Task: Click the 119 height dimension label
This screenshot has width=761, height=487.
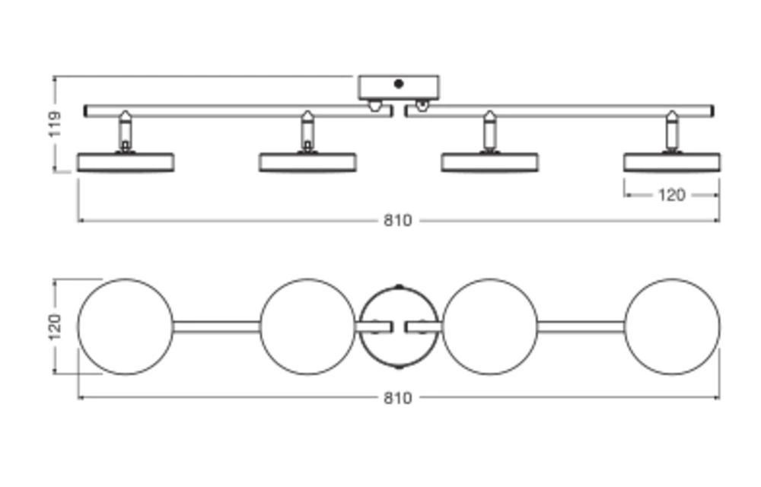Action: tap(55, 124)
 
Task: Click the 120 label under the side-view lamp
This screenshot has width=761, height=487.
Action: tap(670, 196)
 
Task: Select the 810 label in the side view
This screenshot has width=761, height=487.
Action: tap(397, 221)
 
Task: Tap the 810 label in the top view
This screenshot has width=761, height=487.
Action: tap(397, 398)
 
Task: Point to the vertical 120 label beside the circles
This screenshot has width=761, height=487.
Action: tap(55, 326)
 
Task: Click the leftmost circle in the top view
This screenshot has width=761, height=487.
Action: tap(126, 326)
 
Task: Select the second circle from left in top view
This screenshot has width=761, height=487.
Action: tap(307, 326)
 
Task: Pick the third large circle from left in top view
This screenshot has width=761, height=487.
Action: tap(489, 326)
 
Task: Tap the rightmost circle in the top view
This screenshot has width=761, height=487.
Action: tap(672, 326)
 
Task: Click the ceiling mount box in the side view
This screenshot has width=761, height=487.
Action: tap(399, 88)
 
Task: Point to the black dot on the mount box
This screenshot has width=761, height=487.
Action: tap(399, 84)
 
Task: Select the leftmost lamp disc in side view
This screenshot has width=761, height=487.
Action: tap(126, 162)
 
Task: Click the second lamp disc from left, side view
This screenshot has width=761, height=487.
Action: tap(307, 162)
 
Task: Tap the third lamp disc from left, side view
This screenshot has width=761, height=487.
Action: tap(489, 162)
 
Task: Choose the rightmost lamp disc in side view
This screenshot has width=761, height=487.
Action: tap(672, 162)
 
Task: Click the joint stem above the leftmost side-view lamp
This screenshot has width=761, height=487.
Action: tap(125, 132)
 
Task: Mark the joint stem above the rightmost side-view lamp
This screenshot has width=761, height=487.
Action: tap(671, 132)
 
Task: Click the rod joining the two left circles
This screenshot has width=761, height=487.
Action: tap(216, 326)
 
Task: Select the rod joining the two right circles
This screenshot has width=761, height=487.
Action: tap(581, 326)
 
